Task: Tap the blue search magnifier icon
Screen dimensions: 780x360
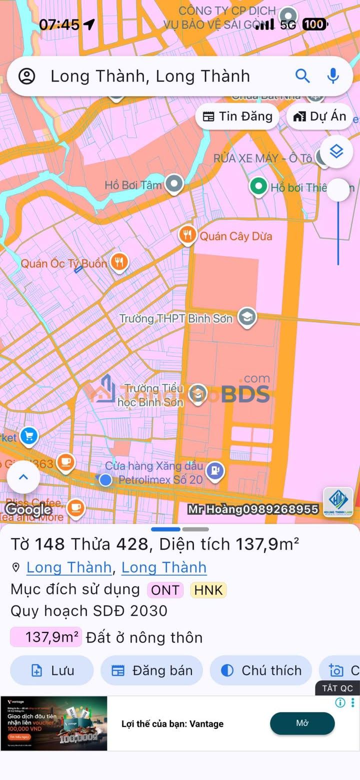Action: click(302, 76)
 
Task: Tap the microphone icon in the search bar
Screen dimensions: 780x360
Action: click(333, 76)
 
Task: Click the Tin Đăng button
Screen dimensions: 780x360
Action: click(237, 116)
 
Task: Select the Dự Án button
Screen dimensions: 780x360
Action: click(320, 116)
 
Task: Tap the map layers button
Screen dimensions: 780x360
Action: click(336, 151)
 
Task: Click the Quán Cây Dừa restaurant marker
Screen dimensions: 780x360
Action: click(187, 235)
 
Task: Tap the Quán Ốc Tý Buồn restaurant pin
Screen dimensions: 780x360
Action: click(119, 261)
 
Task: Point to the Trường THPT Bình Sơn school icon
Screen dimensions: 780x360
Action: click(246, 317)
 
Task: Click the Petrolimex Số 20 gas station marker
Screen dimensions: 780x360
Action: click(215, 471)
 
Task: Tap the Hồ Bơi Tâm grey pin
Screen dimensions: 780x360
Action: click(174, 184)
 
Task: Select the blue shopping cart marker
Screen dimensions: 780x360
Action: click(29, 436)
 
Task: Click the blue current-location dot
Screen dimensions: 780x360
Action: click(105, 480)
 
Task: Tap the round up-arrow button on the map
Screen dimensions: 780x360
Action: click(23, 476)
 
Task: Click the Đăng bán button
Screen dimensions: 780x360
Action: click(151, 670)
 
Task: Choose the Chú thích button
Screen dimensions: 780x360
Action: click(260, 670)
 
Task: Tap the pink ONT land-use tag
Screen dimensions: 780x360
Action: click(165, 590)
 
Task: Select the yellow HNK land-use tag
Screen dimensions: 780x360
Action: click(208, 590)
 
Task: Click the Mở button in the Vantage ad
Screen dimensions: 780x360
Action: click(302, 723)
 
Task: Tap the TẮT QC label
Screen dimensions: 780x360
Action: click(337, 688)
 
